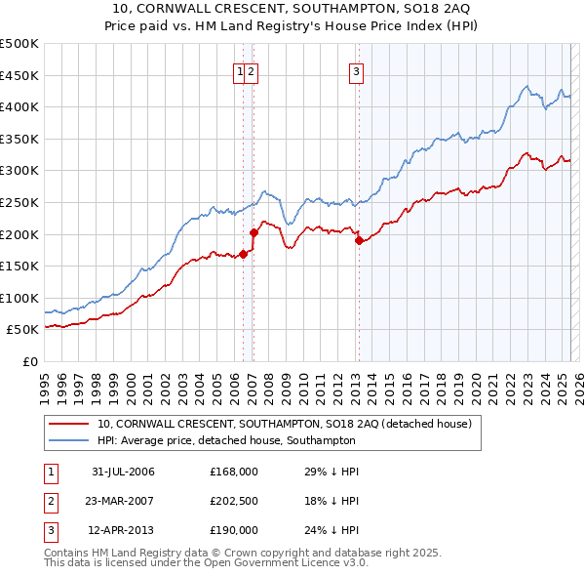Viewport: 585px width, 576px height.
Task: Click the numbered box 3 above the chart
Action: pyautogui.click(x=357, y=70)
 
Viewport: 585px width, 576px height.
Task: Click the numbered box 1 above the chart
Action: pyautogui.click(x=240, y=70)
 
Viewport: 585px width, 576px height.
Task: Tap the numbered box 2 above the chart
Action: pyautogui.click(x=252, y=70)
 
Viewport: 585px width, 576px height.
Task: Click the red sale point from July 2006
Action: pyautogui.click(x=243, y=255)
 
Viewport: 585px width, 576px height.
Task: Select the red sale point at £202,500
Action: pyautogui.click(x=253, y=232)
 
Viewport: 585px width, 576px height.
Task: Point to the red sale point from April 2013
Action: pyautogui.click(x=358, y=240)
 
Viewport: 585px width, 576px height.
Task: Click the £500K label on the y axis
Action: pyautogui.click(x=19, y=44)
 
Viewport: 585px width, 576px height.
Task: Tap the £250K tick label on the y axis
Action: pyautogui.click(x=19, y=202)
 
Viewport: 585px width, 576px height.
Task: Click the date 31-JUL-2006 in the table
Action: pyautogui.click(x=123, y=473)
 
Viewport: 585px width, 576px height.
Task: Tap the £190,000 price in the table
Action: pyautogui.click(x=233, y=531)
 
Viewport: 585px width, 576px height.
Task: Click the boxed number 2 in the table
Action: pyautogui.click(x=50, y=502)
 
